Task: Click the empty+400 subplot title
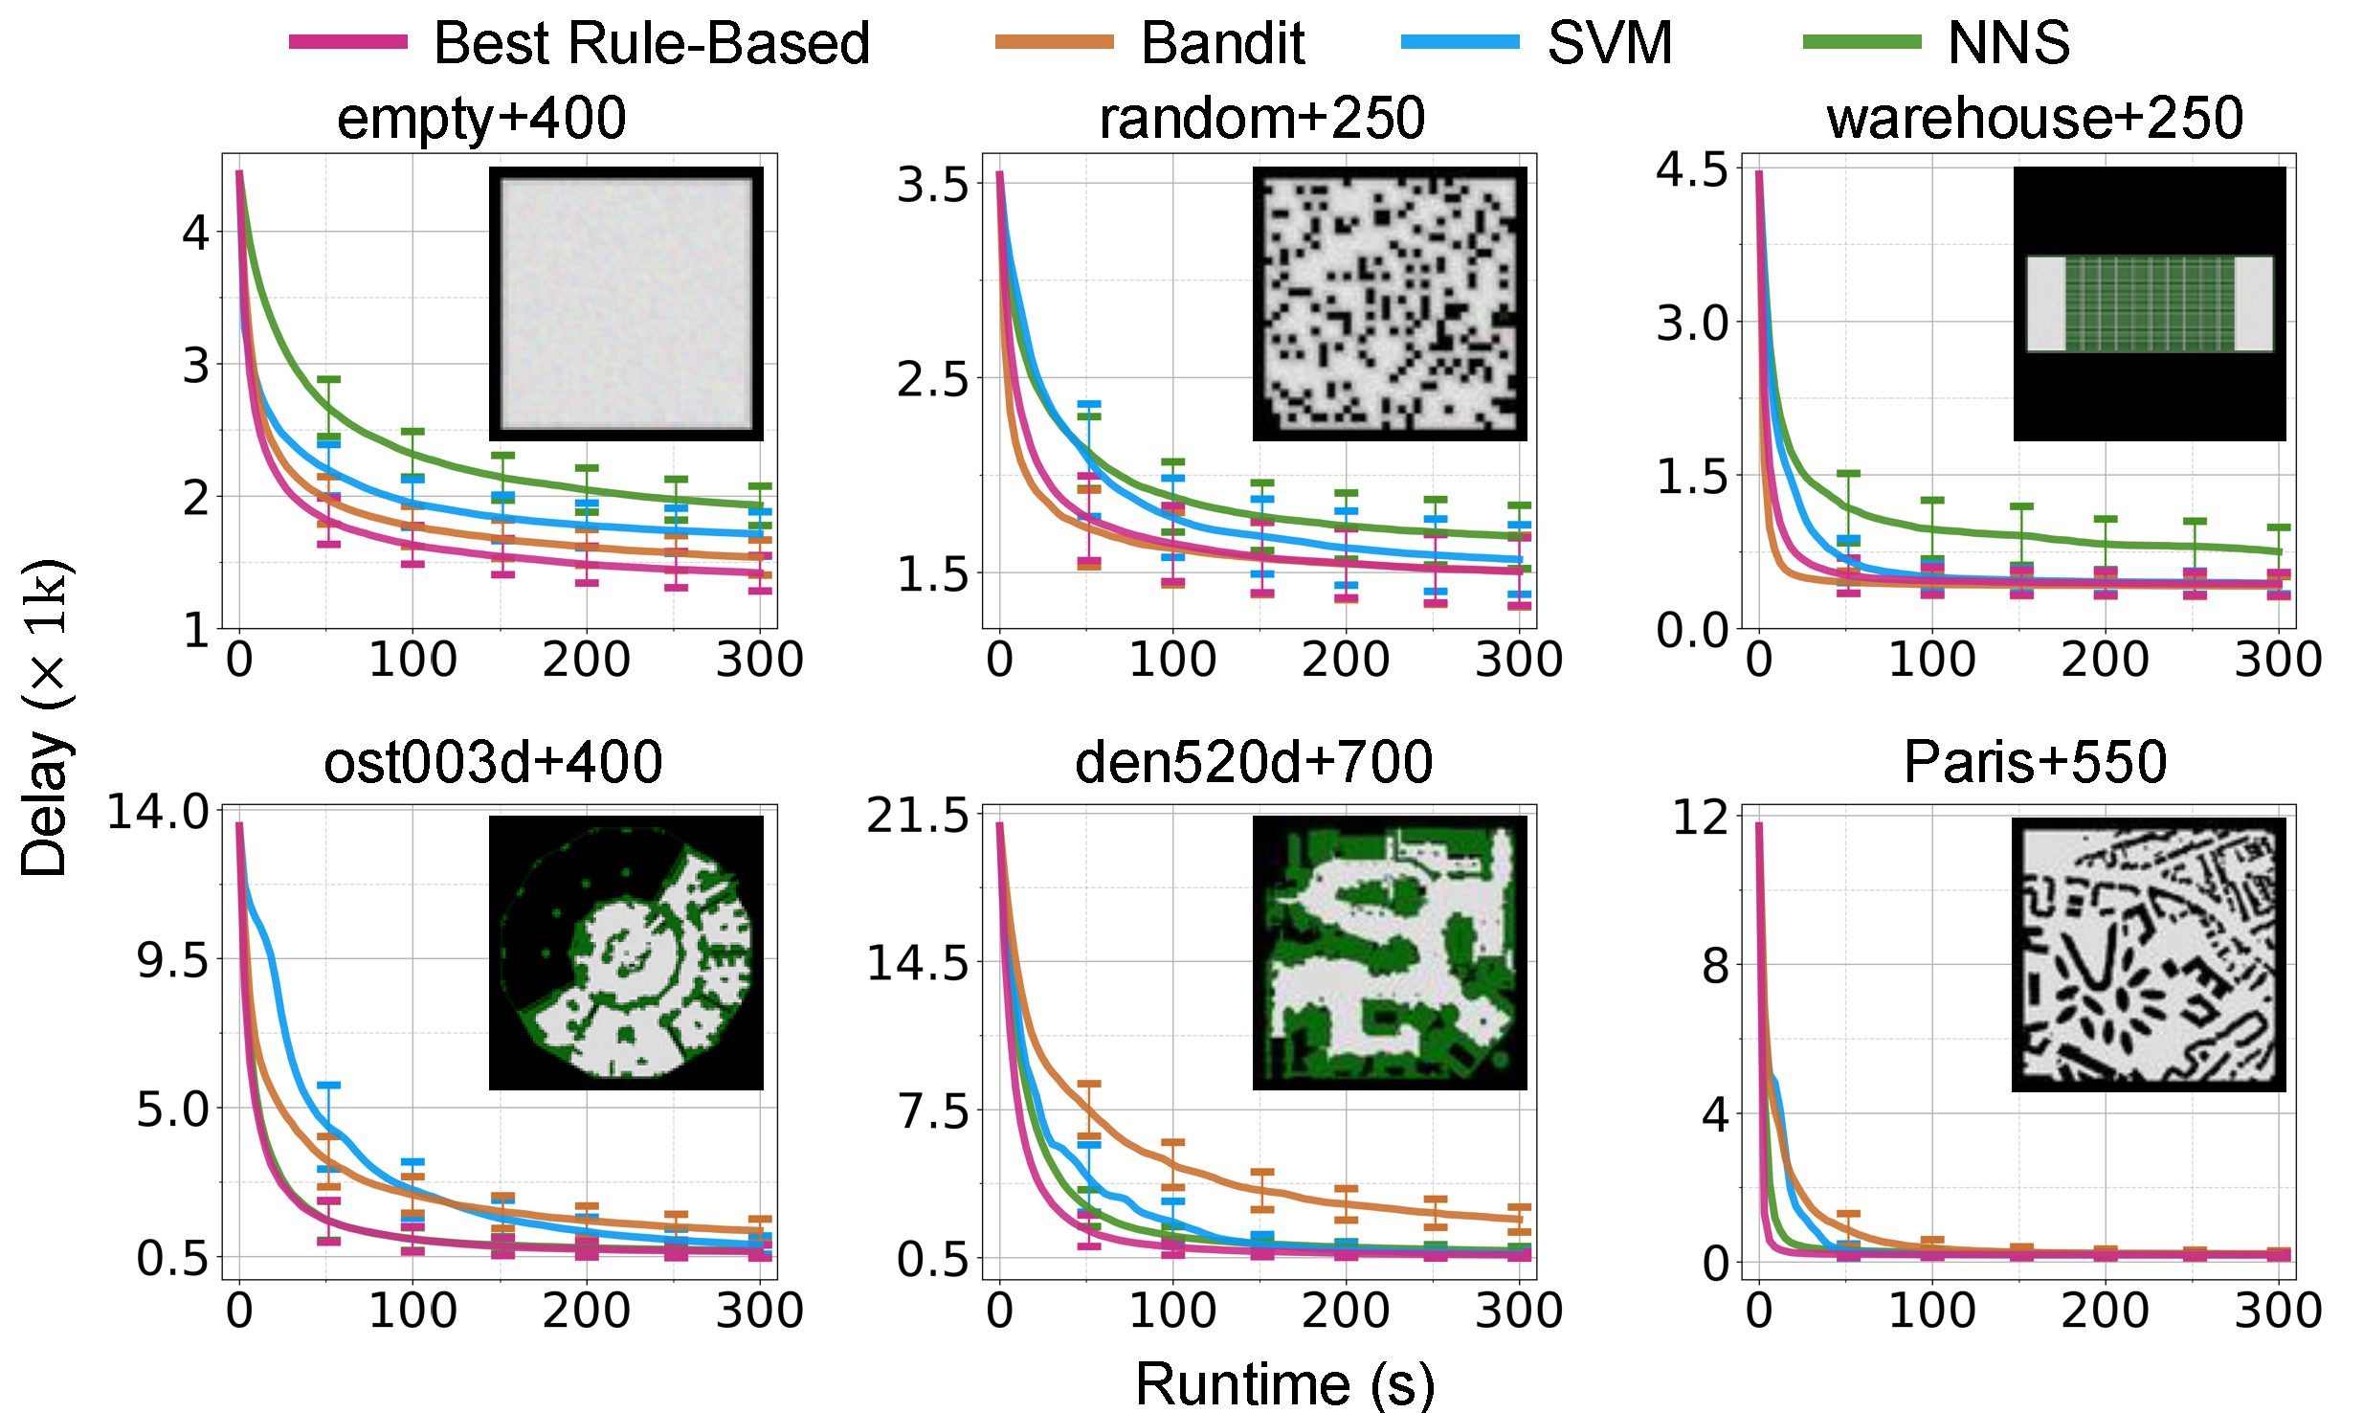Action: tap(481, 119)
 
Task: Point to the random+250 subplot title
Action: tap(1261, 119)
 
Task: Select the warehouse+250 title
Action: tap(2035, 119)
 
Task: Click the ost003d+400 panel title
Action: tap(493, 763)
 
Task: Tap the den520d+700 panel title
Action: tap(1254, 763)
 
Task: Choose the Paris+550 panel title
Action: tap(2035, 763)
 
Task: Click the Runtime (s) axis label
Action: tap(1284, 1384)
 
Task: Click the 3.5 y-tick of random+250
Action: tap(932, 185)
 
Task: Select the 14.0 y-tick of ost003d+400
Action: tap(158, 812)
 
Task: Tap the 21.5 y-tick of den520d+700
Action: tap(918, 817)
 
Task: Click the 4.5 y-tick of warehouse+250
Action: tap(1692, 170)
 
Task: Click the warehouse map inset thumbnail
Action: tap(2150, 303)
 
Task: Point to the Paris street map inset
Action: tap(2149, 953)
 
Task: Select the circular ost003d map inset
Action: tap(626, 953)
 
